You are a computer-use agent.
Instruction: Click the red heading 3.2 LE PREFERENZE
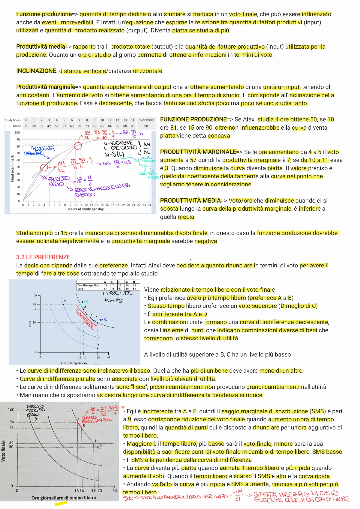point(43,257)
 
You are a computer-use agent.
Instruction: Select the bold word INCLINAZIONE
point(36,71)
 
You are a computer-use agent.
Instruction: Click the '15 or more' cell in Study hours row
point(146,120)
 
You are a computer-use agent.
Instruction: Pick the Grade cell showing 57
point(64,126)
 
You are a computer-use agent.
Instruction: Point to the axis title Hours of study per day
point(85,209)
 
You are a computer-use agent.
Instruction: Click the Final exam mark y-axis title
point(12,168)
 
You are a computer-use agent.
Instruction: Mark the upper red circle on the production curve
point(78,146)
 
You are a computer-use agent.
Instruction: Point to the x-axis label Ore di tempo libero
point(74,363)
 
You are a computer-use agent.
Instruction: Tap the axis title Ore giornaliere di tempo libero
point(64,498)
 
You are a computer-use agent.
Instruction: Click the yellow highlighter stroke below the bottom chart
point(61,504)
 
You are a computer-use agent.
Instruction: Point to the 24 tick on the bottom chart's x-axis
point(115,491)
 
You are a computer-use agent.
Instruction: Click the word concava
point(219,136)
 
